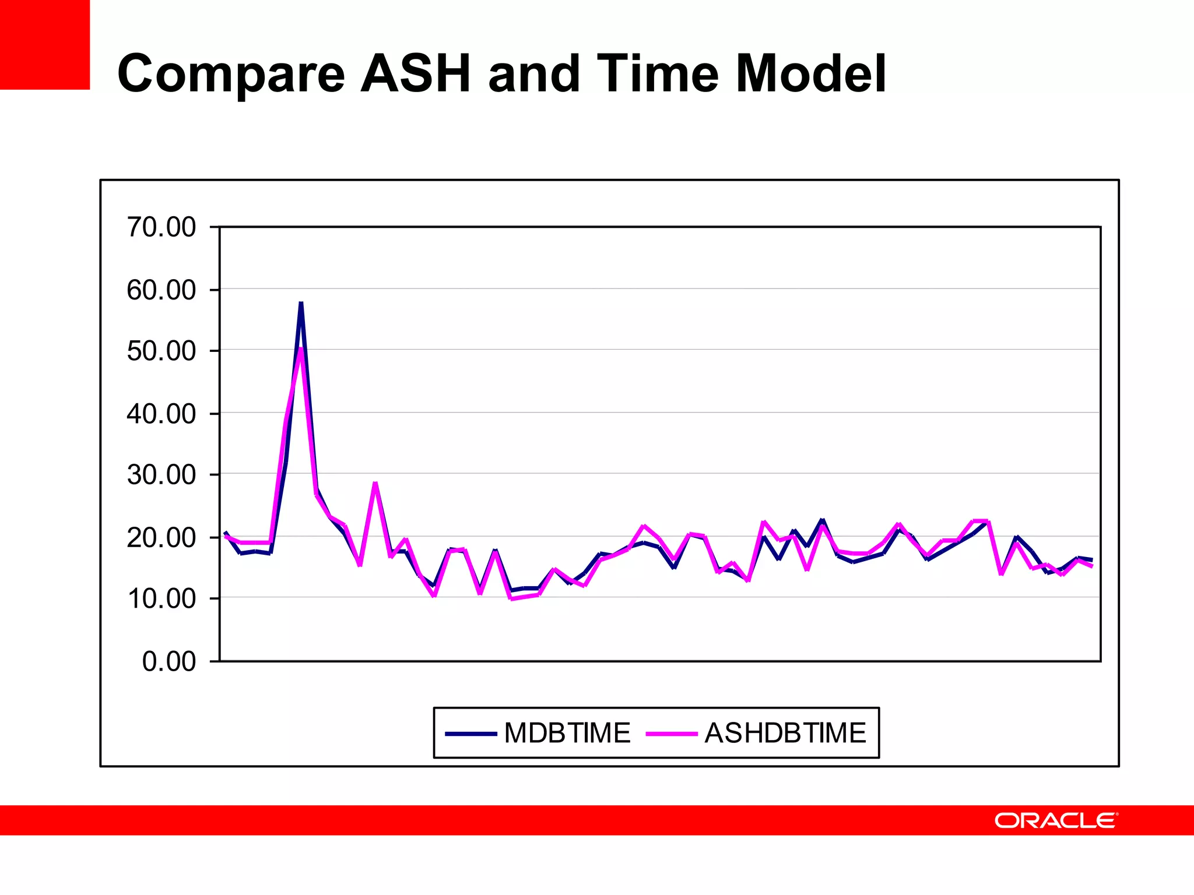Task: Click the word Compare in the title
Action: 231,74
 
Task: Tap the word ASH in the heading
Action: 416,74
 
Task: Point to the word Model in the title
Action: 811,74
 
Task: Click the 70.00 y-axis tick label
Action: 161,227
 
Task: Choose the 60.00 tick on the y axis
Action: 161,290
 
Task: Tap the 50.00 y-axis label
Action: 161,351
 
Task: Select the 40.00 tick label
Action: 161,414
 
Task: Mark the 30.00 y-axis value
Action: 161,475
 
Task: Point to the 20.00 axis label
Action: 161,537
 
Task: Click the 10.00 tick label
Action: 161,599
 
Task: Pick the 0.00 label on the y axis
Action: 169,661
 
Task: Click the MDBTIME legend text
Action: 567,733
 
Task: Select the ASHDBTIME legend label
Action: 785,733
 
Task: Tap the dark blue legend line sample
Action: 470,734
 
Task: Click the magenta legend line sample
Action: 672,734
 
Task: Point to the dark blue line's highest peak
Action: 301,304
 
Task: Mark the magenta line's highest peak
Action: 300,349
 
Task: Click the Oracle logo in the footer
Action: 1056,820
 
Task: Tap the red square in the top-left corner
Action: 45,44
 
